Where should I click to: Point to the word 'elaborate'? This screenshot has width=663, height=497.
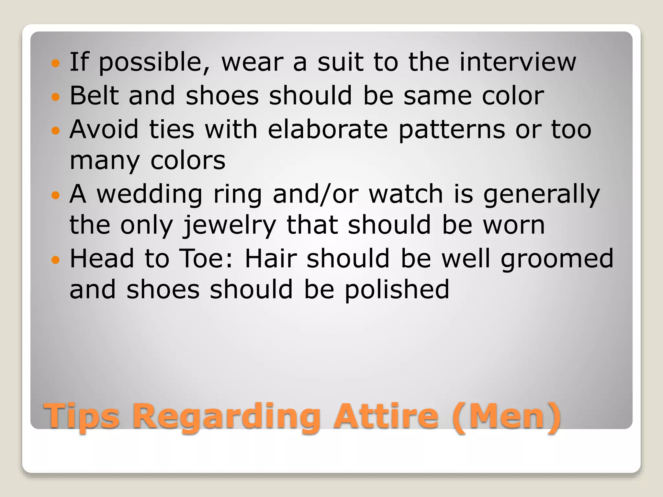tap(328, 129)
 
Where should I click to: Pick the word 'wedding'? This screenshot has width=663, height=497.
tap(150, 194)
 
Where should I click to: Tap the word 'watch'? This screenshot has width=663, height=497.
tap(406, 194)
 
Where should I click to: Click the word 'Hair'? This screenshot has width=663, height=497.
tap(271, 259)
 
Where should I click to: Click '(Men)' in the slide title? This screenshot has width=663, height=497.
tap(507, 416)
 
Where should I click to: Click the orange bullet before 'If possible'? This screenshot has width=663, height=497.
tap(56, 63)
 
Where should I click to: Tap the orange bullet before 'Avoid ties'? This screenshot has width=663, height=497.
tap(56, 130)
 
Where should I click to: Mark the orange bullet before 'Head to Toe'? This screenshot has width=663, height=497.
tap(56, 260)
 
